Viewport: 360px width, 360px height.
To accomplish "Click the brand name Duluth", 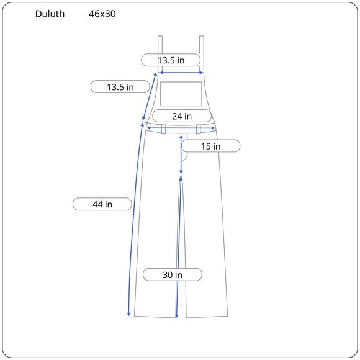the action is click(x=50, y=14).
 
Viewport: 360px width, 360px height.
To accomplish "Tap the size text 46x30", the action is click(x=102, y=14).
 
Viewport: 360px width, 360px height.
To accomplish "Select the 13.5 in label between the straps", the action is click(x=171, y=60).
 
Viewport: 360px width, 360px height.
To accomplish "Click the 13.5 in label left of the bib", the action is click(x=120, y=87).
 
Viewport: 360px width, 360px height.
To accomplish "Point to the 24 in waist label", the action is click(x=182, y=116).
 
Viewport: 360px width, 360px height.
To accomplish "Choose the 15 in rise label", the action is click(x=211, y=146).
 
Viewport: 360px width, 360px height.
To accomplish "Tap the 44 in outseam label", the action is click(x=102, y=204).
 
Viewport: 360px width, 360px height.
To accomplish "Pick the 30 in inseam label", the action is click(x=173, y=274).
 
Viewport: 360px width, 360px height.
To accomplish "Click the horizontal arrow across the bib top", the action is click(x=181, y=73).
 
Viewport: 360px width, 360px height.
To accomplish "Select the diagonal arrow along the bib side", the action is click(x=150, y=96).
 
